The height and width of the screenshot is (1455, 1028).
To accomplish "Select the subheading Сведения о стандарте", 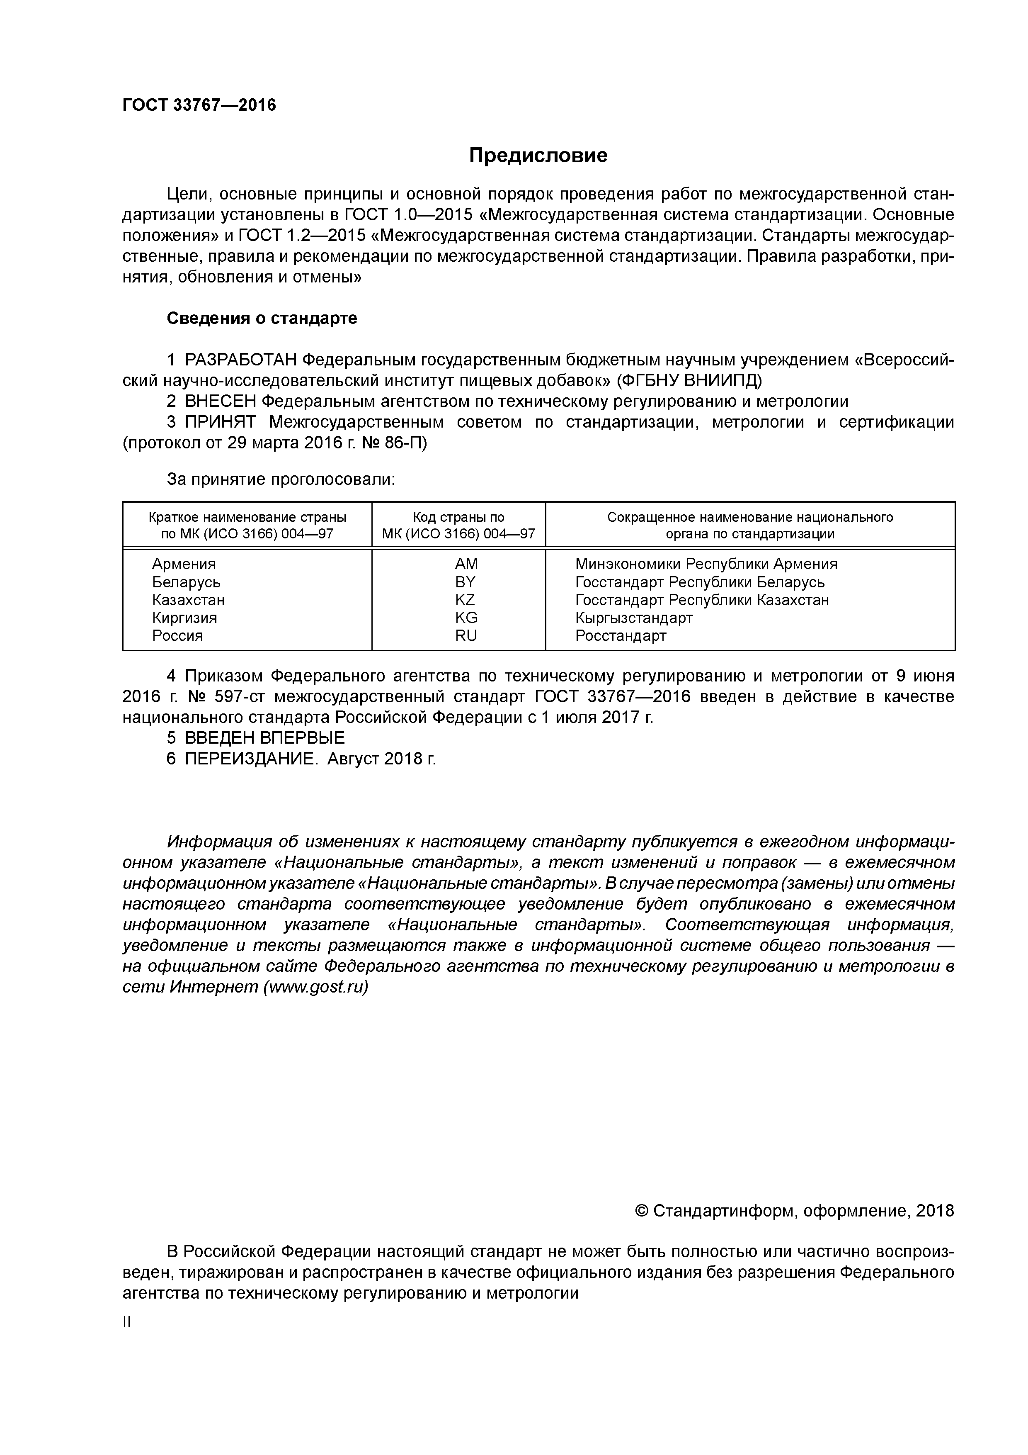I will (x=262, y=318).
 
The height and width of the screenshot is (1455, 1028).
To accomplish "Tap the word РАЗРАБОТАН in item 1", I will (x=241, y=360).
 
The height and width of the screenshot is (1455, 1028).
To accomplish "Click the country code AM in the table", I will (x=466, y=564).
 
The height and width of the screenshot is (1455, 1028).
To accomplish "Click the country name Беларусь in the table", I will (x=186, y=582).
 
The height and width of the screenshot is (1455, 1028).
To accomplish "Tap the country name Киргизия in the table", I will (x=184, y=618).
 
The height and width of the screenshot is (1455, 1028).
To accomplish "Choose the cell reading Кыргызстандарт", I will (x=634, y=618).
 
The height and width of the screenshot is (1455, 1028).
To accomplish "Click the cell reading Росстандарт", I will (x=621, y=635).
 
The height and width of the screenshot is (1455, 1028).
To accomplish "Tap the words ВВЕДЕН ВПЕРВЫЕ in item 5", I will (x=265, y=737).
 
